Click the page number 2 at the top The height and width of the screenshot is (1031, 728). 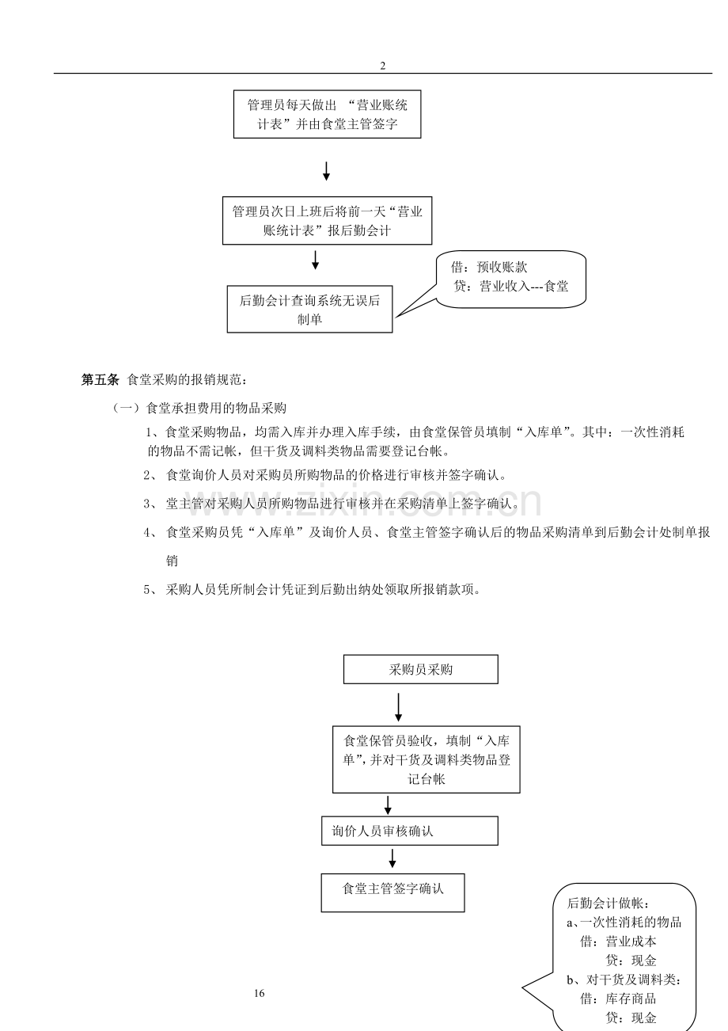tap(383, 66)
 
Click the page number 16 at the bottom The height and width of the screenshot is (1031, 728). tap(260, 994)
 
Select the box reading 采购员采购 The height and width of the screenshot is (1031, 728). tap(420, 669)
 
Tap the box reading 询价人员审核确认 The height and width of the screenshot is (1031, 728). tap(410, 831)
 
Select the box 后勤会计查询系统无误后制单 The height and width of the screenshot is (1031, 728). tap(309, 310)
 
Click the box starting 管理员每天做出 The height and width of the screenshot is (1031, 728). tap(327, 115)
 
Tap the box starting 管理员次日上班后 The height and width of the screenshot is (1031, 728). tap(327, 221)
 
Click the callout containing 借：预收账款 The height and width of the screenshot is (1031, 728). tap(511, 278)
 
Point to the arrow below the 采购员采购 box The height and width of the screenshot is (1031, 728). tap(398, 706)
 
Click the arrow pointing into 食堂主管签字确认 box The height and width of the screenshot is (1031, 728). tap(392, 858)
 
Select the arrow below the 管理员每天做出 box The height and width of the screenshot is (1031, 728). tap(326, 169)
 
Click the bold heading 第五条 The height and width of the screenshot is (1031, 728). tap(100, 379)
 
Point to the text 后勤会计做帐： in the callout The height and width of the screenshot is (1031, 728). tap(609, 904)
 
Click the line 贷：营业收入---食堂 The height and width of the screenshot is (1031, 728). tap(512, 287)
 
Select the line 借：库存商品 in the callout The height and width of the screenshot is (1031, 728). tap(618, 999)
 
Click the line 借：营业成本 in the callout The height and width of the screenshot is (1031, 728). tap(618, 942)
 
